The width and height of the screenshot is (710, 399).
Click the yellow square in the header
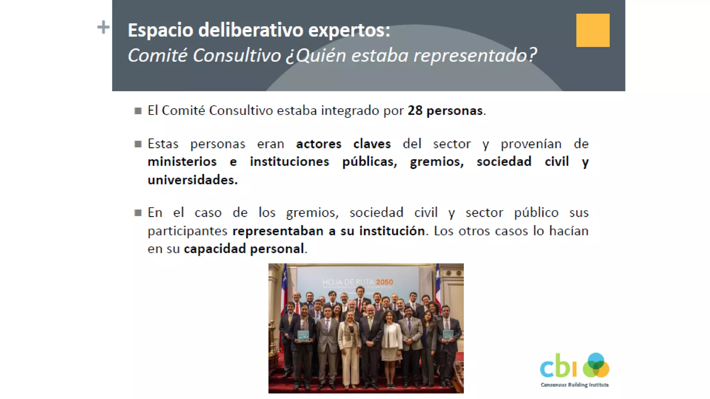(592, 30)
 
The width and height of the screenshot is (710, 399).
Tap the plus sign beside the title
(103, 27)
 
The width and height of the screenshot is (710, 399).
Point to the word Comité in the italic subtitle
(157, 55)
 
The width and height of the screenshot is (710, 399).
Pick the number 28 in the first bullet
(415, 110)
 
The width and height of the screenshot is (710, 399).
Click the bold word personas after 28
(454, 111)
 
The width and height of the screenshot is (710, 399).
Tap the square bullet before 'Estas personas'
(138, 144)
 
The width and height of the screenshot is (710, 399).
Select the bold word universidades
(192, 180)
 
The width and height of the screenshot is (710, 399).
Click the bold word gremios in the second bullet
(436, 162)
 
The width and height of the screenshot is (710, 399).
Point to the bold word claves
(372, 144)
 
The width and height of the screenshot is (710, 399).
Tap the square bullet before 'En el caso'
(138, 213)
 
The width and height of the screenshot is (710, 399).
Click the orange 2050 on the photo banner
(384, 282)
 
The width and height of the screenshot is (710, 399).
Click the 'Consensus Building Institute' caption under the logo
(574, 385)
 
